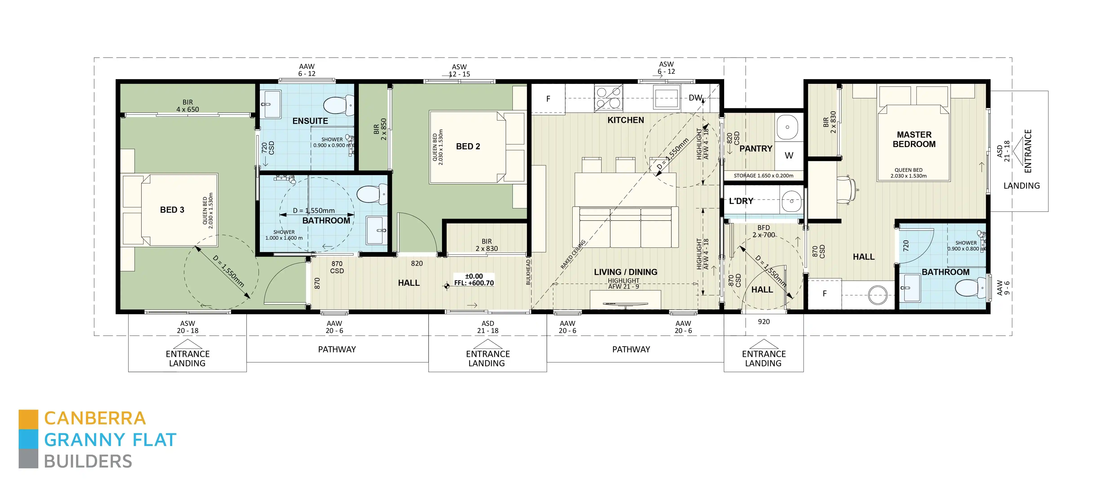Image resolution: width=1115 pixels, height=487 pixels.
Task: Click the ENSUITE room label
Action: click(x=310, y=121)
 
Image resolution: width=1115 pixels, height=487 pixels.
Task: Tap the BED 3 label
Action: click(x=172, y=210)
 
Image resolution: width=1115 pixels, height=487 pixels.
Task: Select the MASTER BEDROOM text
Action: click(x=914, y=139)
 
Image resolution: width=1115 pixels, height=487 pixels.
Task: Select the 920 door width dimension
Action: click(x=763, y=322)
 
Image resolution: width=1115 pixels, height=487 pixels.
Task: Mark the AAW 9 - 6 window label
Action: click(x=1003, y=288)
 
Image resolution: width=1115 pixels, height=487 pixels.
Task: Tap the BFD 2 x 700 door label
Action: click(x=763, y=231)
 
